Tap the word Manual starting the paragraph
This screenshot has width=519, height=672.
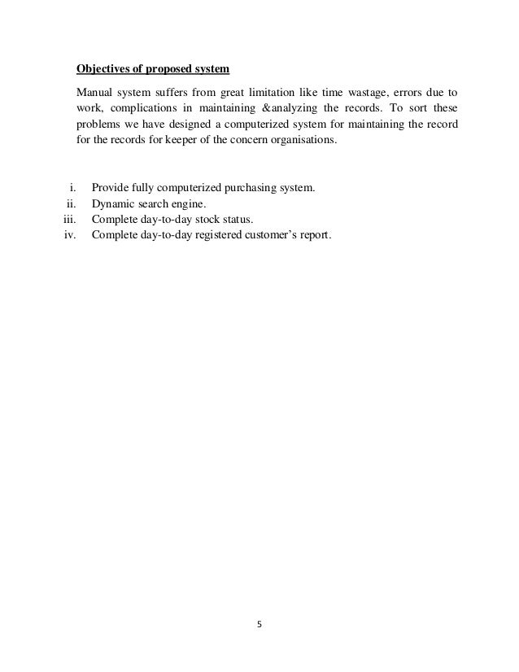click(x=94, y=91)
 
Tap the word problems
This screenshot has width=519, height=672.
click(x=98, y=123)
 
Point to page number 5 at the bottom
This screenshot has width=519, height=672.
click(x=259, y=626)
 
